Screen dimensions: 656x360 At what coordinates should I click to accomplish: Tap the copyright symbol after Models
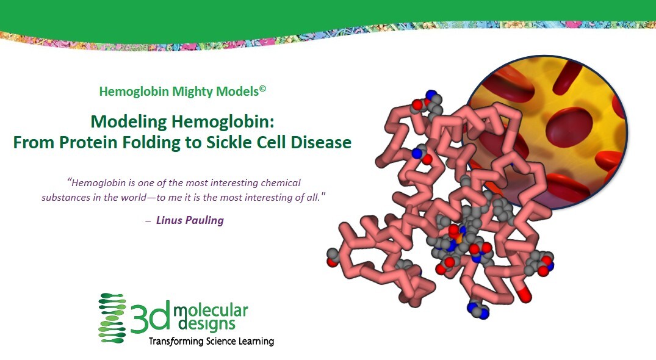(x=262, y=88)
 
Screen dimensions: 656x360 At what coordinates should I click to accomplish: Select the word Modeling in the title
(x=129, y=122)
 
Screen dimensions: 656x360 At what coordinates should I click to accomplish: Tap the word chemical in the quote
(x=281, y=182)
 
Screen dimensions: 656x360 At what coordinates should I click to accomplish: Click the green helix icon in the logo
(x=112, y=318)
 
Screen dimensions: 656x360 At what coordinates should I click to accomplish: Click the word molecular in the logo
(x=211, y=310)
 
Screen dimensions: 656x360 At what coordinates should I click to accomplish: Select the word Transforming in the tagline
(x=176, y=341)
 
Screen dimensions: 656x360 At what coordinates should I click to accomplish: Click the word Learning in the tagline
(x=256, y=342)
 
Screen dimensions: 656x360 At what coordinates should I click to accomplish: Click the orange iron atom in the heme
(x=459, y=239)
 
